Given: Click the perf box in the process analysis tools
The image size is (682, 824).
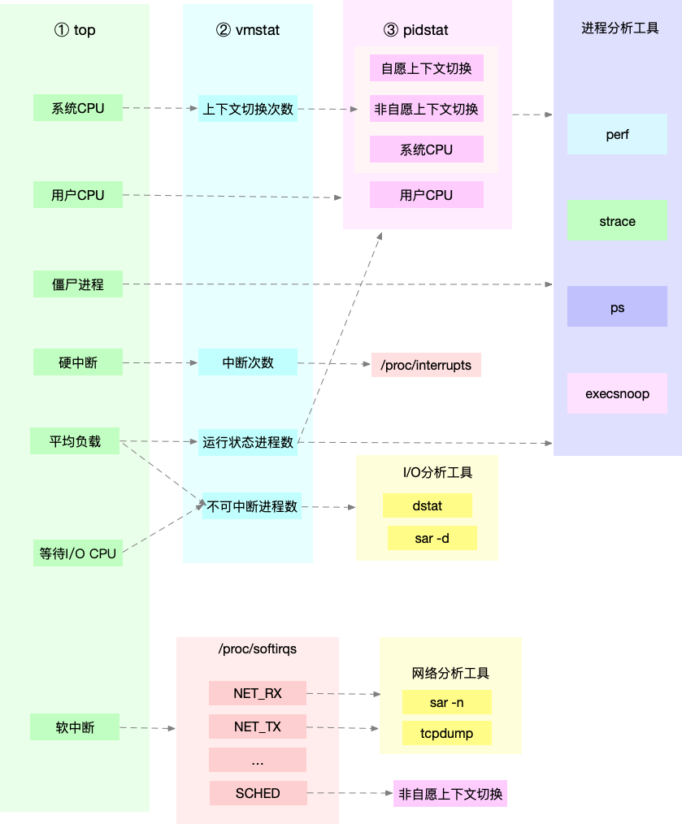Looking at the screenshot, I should [617, 134].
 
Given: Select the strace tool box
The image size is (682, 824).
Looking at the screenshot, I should [617, 221].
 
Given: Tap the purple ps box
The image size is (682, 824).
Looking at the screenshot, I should [617, 307].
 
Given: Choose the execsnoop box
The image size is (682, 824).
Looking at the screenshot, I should [617, 394].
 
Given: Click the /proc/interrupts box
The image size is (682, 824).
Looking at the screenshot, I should [426, 365].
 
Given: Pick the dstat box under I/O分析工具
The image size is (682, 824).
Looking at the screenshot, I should [427, 505].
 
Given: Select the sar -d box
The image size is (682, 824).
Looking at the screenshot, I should [432, 538].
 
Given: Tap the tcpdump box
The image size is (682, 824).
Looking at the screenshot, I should [446, 733].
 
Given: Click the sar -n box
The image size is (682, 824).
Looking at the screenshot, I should [446, 702].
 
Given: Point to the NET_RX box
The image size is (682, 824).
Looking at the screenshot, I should [257, 693].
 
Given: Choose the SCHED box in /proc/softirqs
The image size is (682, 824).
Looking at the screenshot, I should [258, 793].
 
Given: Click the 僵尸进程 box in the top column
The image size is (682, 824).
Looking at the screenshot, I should [78, 284].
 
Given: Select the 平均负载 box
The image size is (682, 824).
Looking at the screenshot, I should [75, 442].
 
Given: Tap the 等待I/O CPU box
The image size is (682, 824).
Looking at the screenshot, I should [78, 553].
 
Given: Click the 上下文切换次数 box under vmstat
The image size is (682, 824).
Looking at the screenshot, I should [248, 108].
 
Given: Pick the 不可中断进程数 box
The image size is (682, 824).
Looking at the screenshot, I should [252, 506].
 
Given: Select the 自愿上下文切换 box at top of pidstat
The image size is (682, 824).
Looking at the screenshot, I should [426, 68].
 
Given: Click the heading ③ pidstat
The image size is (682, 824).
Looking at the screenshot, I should [415, 30].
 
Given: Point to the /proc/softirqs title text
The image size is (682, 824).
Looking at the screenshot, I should [257, 649].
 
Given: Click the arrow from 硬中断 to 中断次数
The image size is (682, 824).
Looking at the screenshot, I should [160, 362].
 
